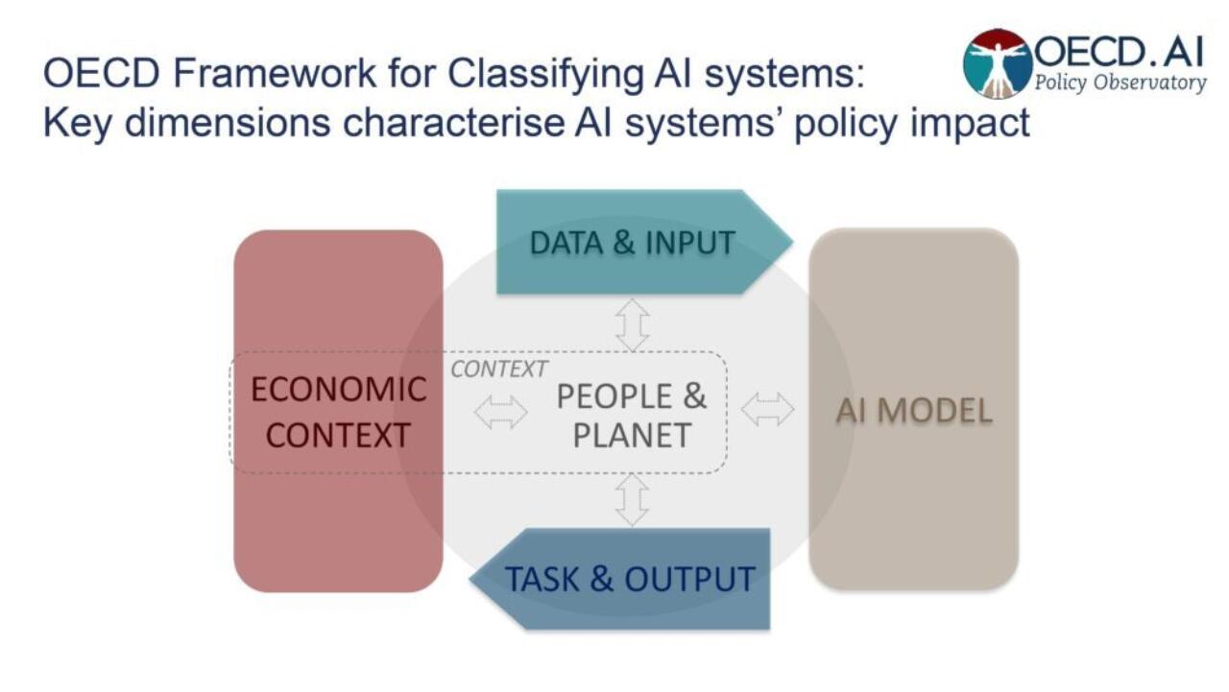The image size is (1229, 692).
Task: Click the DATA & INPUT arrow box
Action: coord(634,242)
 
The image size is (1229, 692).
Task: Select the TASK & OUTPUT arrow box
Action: coord(630,579)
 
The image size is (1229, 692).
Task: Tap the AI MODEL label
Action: coord(913,411)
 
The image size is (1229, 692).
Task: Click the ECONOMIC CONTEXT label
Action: coord(338,412)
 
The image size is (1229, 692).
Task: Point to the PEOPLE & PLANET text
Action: coord(631,415)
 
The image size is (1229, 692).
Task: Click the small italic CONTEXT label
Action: coord(498,370)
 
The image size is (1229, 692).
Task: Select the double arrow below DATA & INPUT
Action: coord(632,324)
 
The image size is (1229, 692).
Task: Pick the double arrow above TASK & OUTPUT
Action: coord(632,500)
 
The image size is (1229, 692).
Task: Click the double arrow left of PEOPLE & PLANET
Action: coord(501,412)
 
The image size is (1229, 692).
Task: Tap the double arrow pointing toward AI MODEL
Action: coord(768,409)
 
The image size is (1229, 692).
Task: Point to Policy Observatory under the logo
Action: coord(1120,83)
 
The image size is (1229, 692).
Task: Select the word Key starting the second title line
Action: coord(75,123)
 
